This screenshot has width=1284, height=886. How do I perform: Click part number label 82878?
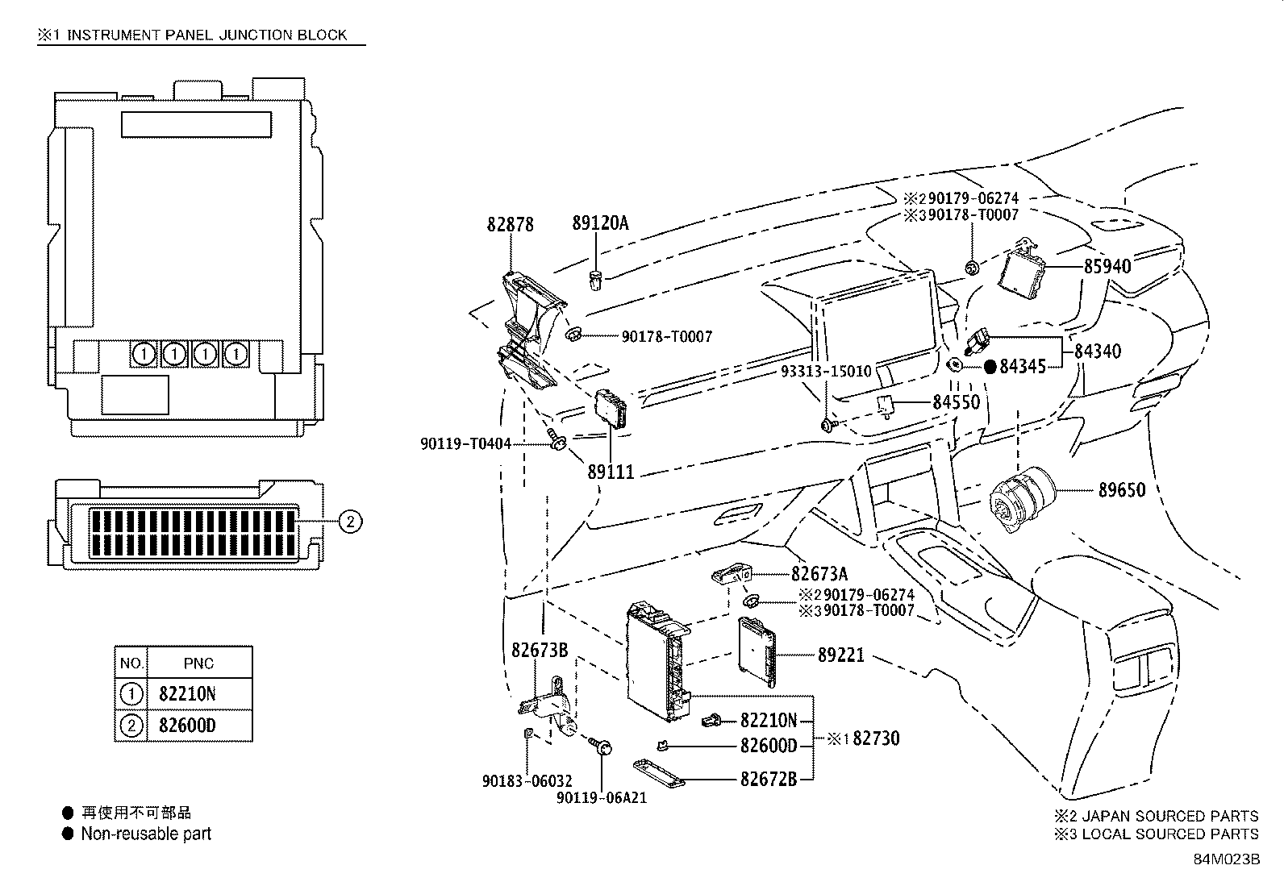pyautogui.click(x=510, y=224)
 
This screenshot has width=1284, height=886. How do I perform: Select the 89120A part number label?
pyautogui.click(x=599, y=223)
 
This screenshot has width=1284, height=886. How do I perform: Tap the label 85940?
pyautogui.click(x=1107, y=265)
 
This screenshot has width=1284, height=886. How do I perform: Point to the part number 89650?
pyautogui.click(x=1121, y=489)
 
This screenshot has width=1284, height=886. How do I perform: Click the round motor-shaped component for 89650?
pyautogui.click(x=1019, y=498)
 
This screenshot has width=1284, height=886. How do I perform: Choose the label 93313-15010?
pyautogui.click(x=826, y=371)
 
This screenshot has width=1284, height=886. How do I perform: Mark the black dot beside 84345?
pyautogui.click(x=990, y=366)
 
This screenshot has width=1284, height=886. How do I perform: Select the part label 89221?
pyautogui.click(x=840, y=655)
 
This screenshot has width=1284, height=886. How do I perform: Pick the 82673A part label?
pyautogui.click(x=819, y=574)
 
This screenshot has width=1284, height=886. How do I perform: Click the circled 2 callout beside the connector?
pyautogui.click(x=349, y=522)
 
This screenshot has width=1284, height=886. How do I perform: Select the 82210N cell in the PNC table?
pyautogui.click(x=187, y=693)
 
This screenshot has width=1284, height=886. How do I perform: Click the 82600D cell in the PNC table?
pyautogui.click(x=187, y=726)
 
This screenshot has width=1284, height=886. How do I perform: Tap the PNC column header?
pyautogui.click(x=198, y=663)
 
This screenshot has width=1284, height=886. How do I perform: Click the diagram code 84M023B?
pyautogui.click(x=1226, y=859)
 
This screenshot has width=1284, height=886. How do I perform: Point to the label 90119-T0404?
pyautogui.click(x=465, y=443)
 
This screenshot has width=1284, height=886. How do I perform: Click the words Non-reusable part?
pyautogui.click(x=146, y=834)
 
